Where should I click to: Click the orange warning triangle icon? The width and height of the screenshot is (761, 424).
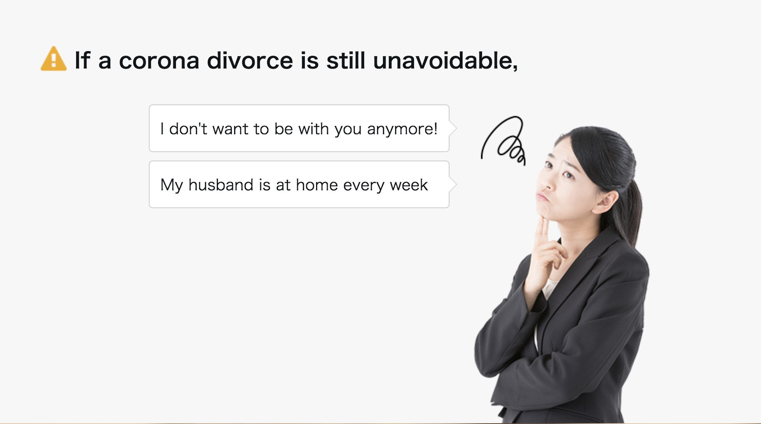click(53, 59)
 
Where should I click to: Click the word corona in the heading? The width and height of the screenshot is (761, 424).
click(159, 61)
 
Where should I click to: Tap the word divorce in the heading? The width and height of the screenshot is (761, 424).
click(250, 60)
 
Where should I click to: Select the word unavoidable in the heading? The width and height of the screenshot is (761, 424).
click(445, 60)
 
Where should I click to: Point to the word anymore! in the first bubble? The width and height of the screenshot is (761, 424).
click(402, 129)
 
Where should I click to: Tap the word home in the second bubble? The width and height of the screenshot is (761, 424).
click(317, 185)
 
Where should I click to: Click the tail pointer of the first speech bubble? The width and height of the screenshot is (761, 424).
click(452, 128)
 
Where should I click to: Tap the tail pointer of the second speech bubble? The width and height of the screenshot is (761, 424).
click(452, 184)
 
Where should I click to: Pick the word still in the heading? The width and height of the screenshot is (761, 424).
click(346, 60)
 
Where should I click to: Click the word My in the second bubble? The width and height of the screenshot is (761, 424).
click(171, 185)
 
